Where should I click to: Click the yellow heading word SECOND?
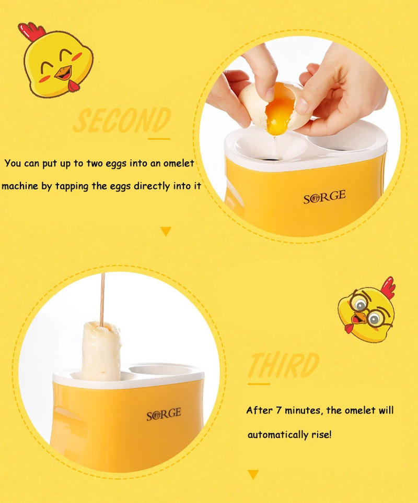click(x=121, y=121)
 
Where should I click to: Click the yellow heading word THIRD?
click(x=283, y=365)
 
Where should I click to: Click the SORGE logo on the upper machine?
click(x=324, y=197)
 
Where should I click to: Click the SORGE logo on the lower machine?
click(x=164, y=414)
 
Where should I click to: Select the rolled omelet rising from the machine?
click(x=102, y=350)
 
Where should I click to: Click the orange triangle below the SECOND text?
click(x=166, y=231)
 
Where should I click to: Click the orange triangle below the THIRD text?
click(x=253, y=474)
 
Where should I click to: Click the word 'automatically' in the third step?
click(x=277, y=435)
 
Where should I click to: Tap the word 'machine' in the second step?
click(x=19, y=186)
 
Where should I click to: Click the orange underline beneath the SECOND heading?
click(x=159, y=139)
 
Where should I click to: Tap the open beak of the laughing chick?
click(x=63, y=73)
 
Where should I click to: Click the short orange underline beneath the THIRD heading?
click(x=258, y=384)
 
